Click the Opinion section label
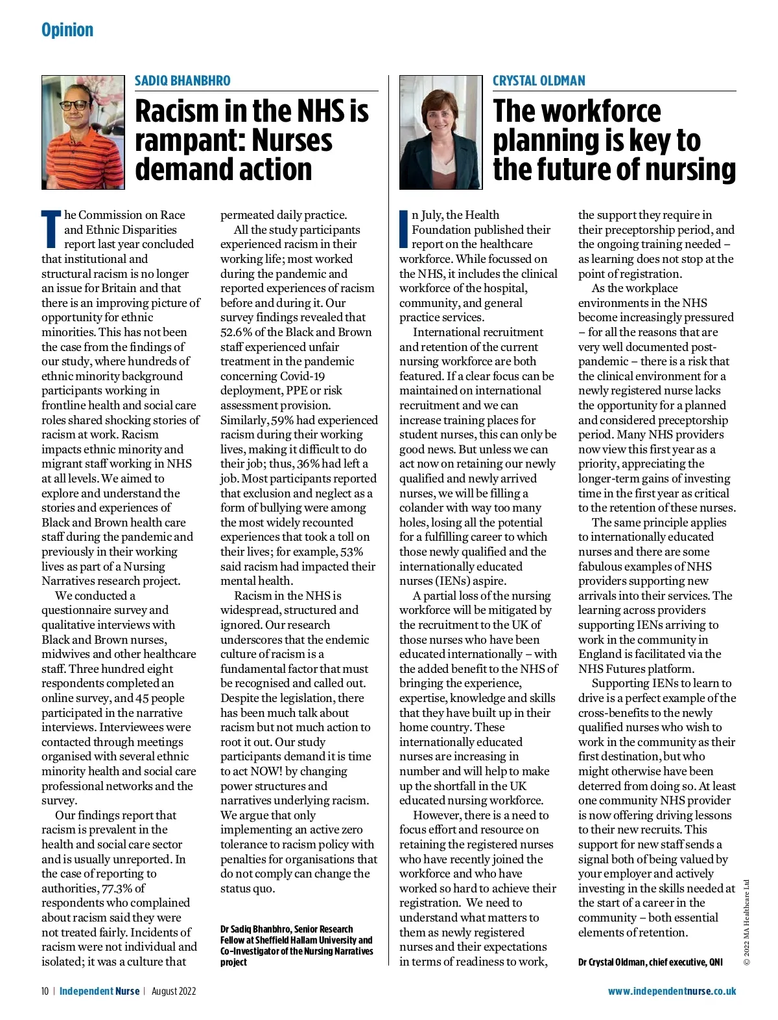pyautogui.click(x=67, y=30)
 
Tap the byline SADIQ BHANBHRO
pyautogui.click(x=182, y=81)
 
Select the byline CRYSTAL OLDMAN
pyautogui.click(x=539, y=81)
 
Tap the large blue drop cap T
pyautogui.click(x=51, y=229)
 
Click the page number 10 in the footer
pyautogui.click(x=45, y=991)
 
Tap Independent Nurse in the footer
pyautogui.click(x=99, y=991)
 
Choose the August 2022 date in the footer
pyautogui.click(x=174, y=991)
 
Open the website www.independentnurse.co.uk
pyautogui.click(x=672, y=991)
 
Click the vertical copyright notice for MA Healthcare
pyautogui.click(x=747, y=922)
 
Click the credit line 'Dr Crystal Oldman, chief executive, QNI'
pyautogui.click(x=650, y=962)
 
